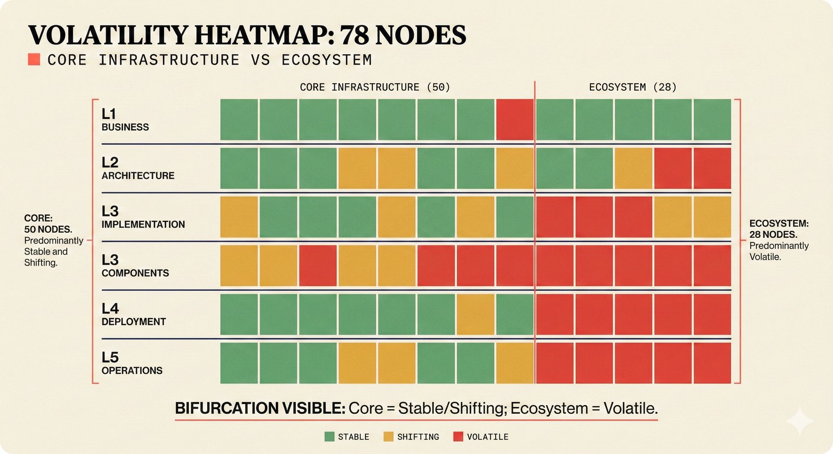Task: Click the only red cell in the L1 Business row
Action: pyautogui.click(x=514, y=120)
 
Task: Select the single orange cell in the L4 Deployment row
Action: pyautogui.click(x=475, y=314)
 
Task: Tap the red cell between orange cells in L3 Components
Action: pyautogui.click(x=318, y=266)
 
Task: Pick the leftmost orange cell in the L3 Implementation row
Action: pyautogui.click(x=239, y=217)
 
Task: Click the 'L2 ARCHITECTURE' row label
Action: pyautogui.click(x=137, y=168)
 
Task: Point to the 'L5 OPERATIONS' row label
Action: pyautogui.click(x=132, y=363)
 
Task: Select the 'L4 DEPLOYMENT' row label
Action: pyautogui.click(x=133, y=314)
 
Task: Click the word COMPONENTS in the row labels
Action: pyautogui.click(x=135, y=273)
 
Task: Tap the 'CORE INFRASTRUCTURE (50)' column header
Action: pyautogui.click(x=375, y=87)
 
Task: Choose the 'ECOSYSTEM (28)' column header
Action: pyautogui.click(x=633, y=87)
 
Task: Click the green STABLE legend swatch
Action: pyautogui.click(x=329, y=437)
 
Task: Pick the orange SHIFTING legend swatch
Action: pyautogui.click(x=388, y=437)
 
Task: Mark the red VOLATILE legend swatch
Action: pyautogui.click(x=458, y=437)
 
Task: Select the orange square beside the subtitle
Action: pyautogui.click(x=34, y=59)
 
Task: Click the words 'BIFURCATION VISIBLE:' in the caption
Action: pyautogui.click(x=260, y=408)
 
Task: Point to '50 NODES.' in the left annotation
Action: pyautogui.click(x=48, y=229)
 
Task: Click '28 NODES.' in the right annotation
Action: pyautogui.click(x=773, y=234)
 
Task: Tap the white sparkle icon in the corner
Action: pyautogui.click(x=799, y=421)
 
